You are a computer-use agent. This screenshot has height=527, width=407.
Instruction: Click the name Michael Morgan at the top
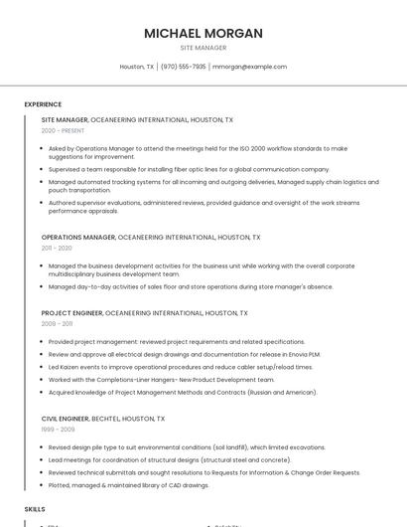click(x=203, y=33)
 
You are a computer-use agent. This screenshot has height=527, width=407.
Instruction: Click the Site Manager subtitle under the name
click(x=203, y=48)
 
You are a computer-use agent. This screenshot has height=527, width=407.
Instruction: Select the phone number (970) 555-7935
click(x=183, y=67)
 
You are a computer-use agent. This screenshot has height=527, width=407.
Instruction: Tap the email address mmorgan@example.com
click(x=249, y=67)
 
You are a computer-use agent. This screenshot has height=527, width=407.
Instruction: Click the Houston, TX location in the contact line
click(x=137, y=67)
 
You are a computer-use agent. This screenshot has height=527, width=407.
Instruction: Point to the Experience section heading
click(x=43, y=104)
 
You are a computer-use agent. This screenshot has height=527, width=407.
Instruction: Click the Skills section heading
click(x=35, y=508)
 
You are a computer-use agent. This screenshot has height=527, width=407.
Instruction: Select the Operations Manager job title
click(x=78, y=238)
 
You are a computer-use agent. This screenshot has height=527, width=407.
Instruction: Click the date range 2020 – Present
click(x=63, y=130)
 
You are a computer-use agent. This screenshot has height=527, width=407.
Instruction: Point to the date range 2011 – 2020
click(x=57, y=249)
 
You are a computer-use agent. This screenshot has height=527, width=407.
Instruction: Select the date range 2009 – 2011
click(x=57, y=324)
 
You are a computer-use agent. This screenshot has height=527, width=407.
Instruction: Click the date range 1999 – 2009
click(x=57, y=431)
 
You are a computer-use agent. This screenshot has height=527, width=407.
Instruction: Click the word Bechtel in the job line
click(x=106, y=420)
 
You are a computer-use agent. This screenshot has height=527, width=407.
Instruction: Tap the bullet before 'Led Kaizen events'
click(x=44, y=367)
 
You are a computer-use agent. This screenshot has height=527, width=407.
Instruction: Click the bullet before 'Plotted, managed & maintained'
click(x=44, y=485)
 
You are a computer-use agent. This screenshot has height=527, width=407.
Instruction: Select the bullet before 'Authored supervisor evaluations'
click(x=44, y=203)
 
